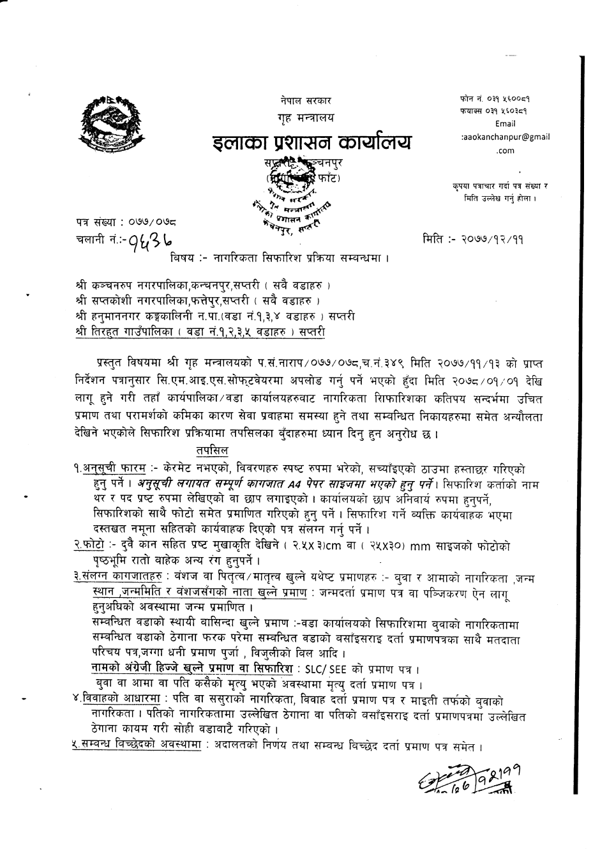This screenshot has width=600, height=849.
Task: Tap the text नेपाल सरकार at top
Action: click(x=305, y=100)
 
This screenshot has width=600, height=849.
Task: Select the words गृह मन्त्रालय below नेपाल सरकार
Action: click(x=305, y=119)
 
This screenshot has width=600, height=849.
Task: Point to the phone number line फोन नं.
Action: click(x=495, y=99)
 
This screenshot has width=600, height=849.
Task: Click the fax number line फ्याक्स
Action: click(x=495, y=111)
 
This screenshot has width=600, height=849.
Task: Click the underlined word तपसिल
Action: click(x=213, y=450)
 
